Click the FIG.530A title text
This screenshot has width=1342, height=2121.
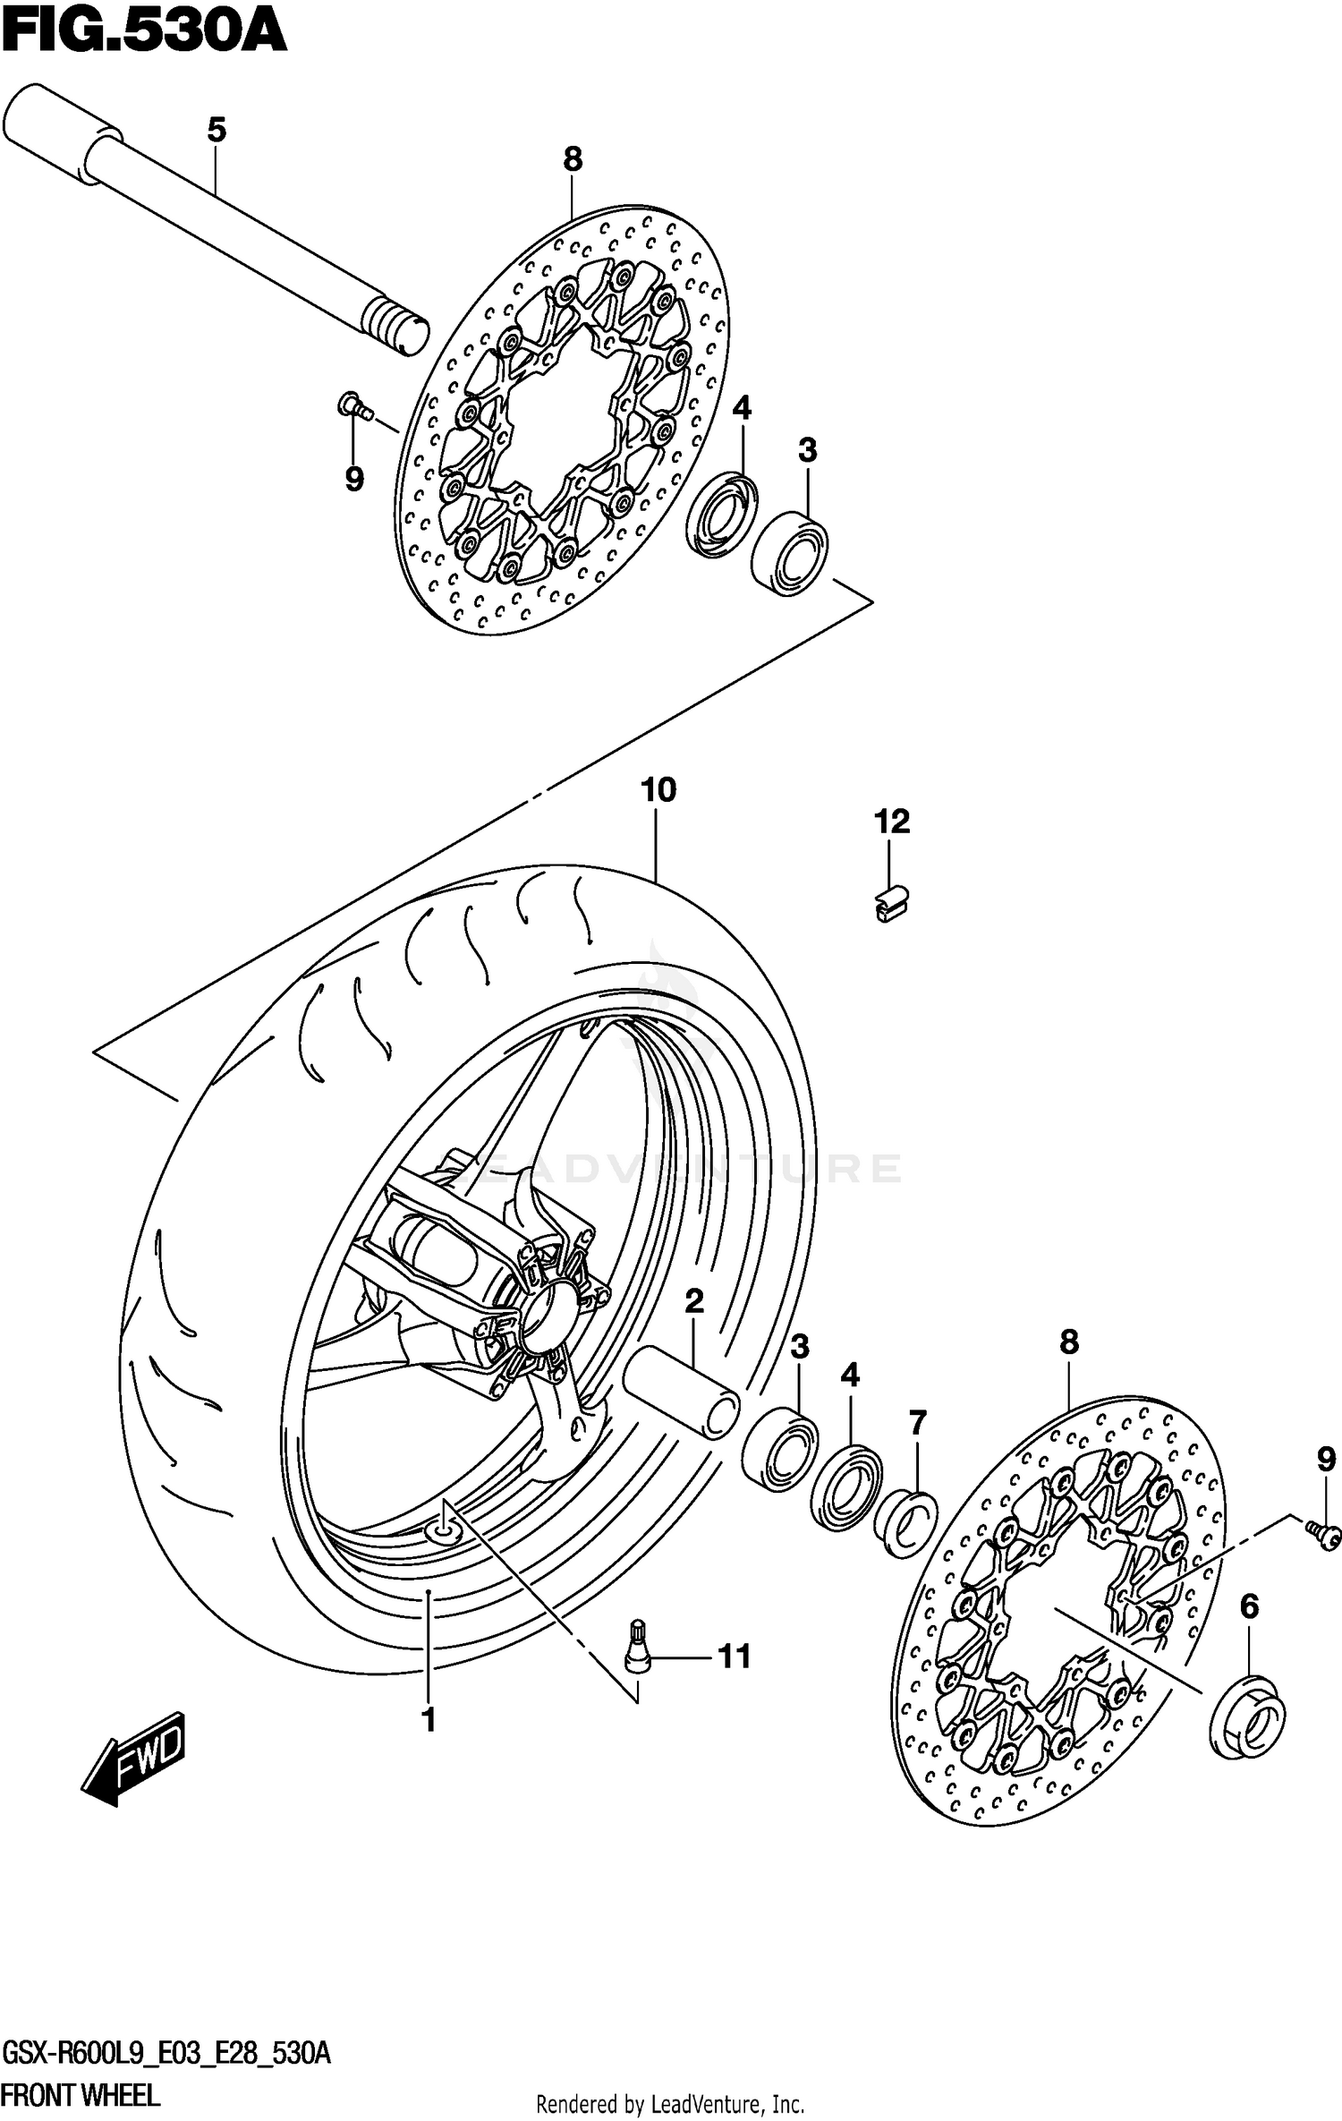tap(143, 34)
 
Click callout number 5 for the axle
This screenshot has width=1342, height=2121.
tap(216, 131)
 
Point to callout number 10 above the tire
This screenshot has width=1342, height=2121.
tap(658, 790)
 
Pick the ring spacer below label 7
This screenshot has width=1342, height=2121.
tap(905, 1526)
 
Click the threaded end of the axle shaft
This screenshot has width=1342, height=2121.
tap(394, 324)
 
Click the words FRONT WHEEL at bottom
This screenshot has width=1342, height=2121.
tap(81, 2095)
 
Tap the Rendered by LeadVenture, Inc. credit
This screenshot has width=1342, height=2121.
tap(670, 2104)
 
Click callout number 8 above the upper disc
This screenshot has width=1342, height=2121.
tap(573, 159)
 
